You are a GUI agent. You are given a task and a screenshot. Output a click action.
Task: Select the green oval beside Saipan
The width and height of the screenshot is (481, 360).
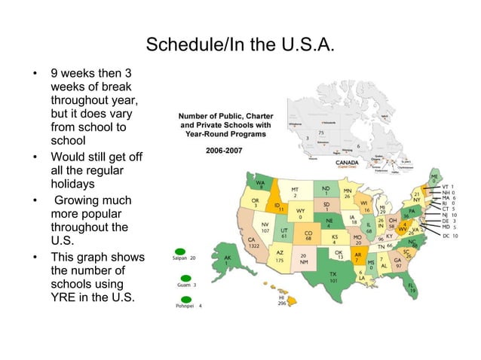179,251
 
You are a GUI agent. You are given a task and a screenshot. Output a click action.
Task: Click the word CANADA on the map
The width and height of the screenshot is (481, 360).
348,161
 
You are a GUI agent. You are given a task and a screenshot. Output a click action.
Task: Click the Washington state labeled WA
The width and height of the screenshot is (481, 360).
260,185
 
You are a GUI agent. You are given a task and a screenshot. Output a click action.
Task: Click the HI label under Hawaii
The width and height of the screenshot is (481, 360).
281,298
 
